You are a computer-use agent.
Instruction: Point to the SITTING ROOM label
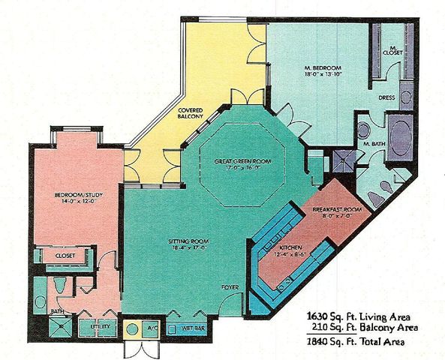tap(184, 241)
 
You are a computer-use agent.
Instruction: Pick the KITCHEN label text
tap(290, 246)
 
